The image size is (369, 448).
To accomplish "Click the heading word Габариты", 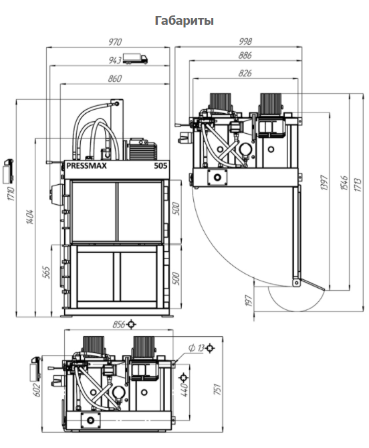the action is (x=184, y=21).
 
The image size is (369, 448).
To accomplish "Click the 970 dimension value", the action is (x=115, y=42).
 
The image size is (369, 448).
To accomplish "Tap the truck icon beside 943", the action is (x=136, y=59).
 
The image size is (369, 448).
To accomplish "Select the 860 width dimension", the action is (x=114, y=78).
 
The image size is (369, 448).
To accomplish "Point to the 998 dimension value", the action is (x=245, y=42).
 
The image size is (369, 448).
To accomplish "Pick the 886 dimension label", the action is (x=245, y=55).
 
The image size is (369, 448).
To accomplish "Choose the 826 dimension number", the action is (x=245, y=73).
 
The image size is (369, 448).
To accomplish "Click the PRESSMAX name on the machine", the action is (x=86, y=165).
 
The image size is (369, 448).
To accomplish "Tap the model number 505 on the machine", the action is (x=160, y=165).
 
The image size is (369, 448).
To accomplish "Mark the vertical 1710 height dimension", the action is (x=11, y=194).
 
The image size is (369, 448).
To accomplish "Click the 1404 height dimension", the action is (x=30, y=217).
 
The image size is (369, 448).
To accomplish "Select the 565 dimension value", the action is (x=46, y=273).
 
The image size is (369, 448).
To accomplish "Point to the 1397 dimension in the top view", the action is (x=324, y=183).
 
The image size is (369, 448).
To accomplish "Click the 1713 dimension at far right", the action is (x=358, y=185).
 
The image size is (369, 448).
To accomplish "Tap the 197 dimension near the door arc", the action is (x=249, y=301).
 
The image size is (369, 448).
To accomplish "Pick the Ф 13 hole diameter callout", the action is (x=197, y=348).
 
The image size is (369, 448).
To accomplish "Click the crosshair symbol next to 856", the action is (x=131, y=324).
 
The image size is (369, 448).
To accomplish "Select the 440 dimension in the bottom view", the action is (x=184, y=390).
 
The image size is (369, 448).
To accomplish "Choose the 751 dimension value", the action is (x=217, y=390).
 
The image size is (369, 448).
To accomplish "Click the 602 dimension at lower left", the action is (x=37, y=390).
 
